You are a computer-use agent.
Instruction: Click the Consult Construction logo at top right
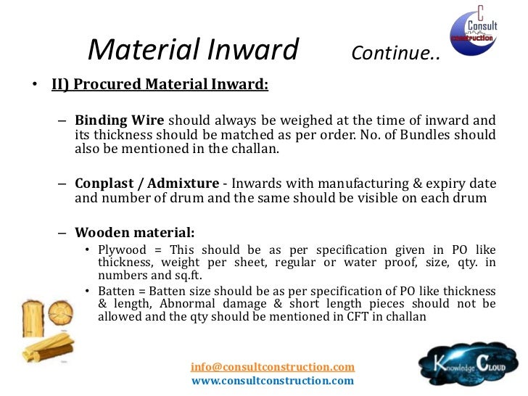(473, 34)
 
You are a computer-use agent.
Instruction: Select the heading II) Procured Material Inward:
(160, 85)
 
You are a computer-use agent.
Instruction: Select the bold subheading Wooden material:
(134, 233)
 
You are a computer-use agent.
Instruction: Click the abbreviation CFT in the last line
(342, 317)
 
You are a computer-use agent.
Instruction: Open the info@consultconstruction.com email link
(272, 367)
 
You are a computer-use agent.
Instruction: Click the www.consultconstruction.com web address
(272, 380)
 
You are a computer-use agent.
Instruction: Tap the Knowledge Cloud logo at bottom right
(464, 367)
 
